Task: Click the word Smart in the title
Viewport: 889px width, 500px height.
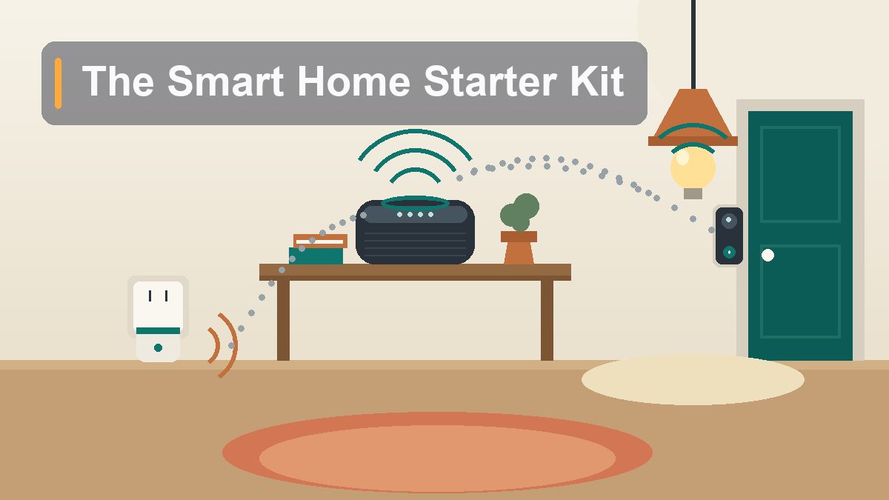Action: click(x=225, y=81)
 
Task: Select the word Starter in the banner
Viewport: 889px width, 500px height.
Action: click(x=490, y=81)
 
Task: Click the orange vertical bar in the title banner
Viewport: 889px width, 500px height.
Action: click(x=58, y=83)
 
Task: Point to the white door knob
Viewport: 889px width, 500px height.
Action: click(x=768, y=255)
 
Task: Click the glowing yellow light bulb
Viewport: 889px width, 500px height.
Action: click(x=693, y=169)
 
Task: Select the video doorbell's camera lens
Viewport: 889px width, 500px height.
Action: click(x=729, y=220)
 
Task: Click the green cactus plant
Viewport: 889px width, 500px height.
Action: click(x=519, y=213)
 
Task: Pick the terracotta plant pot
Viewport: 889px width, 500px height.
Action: click(x=519, y=247)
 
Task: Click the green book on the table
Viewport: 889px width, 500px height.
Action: click(x=316, y=256)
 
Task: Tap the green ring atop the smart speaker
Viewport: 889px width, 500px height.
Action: click(x=415, y=203)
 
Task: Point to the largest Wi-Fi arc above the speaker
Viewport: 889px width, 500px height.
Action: click(x=415, y=132)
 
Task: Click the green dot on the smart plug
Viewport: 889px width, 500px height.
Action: click(x=158, y=348)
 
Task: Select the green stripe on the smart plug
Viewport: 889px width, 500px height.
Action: click(x=158, y=331)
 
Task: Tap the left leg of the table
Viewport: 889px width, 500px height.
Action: click(x=283, y=320)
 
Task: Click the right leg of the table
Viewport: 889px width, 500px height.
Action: click(x=547, y=320)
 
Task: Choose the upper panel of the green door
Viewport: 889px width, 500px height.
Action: click(x=800, y=174)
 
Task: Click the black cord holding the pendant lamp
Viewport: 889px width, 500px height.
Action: click(x=693, y=44)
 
